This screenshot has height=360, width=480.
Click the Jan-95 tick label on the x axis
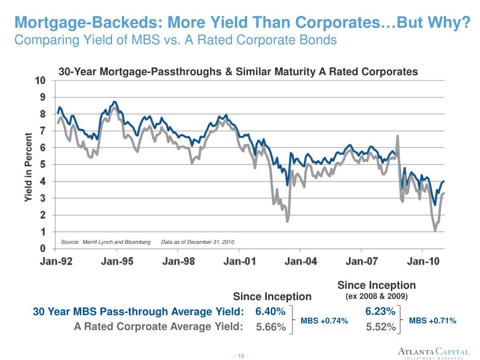click(118, 262)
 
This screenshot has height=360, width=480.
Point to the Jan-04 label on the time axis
click(301, 262)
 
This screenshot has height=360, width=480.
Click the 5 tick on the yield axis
click(43, 165)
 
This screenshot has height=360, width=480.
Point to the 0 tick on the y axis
click(43, 248)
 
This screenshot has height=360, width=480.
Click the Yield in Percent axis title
click(29, 168)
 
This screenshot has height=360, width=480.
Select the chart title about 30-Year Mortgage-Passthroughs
click(238, 72)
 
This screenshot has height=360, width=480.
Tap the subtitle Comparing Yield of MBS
click(176, 40)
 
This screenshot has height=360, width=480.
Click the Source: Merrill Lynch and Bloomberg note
click(105, 242)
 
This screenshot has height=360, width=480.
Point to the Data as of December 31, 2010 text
click(197, 242)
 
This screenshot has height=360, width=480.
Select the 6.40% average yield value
click(270, 312)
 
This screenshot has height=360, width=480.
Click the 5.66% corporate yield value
click(271, 327)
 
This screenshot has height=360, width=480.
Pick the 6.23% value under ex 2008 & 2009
click(380, 312)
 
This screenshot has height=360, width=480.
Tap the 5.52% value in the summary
click(381, 327)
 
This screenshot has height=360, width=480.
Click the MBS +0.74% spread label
click(324, 321)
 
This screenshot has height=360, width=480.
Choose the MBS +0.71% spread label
click(433, 321)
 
